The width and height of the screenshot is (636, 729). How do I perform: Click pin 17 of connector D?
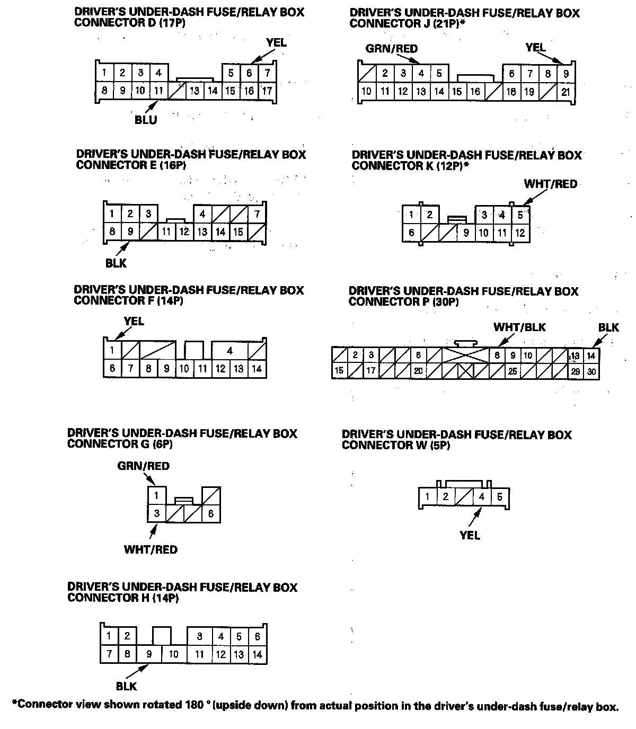(267, 91)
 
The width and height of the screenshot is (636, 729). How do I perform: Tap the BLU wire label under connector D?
(146, 120)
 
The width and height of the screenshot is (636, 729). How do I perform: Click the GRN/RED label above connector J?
(392, 49)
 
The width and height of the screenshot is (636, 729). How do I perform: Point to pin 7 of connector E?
(257, 214)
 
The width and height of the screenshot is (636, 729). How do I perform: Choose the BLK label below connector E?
(116, 263)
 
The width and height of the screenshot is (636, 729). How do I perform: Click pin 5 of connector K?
(520, 215)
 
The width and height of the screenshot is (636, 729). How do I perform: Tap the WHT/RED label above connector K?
(550, 184)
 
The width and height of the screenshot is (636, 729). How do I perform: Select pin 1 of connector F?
(112, 350)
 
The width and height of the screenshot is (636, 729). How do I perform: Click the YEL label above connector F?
(134, 321)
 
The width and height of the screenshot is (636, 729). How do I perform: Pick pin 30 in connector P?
(591, 372)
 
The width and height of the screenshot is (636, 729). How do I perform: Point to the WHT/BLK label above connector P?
(519, 327)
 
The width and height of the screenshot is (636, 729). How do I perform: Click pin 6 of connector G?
(211, 513)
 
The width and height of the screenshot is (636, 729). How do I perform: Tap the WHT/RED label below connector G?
(151, 549)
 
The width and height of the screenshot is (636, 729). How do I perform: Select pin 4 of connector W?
(482, 497)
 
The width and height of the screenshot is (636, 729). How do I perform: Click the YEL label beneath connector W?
(470, 536)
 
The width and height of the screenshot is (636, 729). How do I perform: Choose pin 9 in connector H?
(149, 654)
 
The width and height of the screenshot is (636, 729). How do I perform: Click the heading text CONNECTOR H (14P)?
(123, 598)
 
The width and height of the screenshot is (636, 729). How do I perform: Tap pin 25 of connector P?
(512, 371)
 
